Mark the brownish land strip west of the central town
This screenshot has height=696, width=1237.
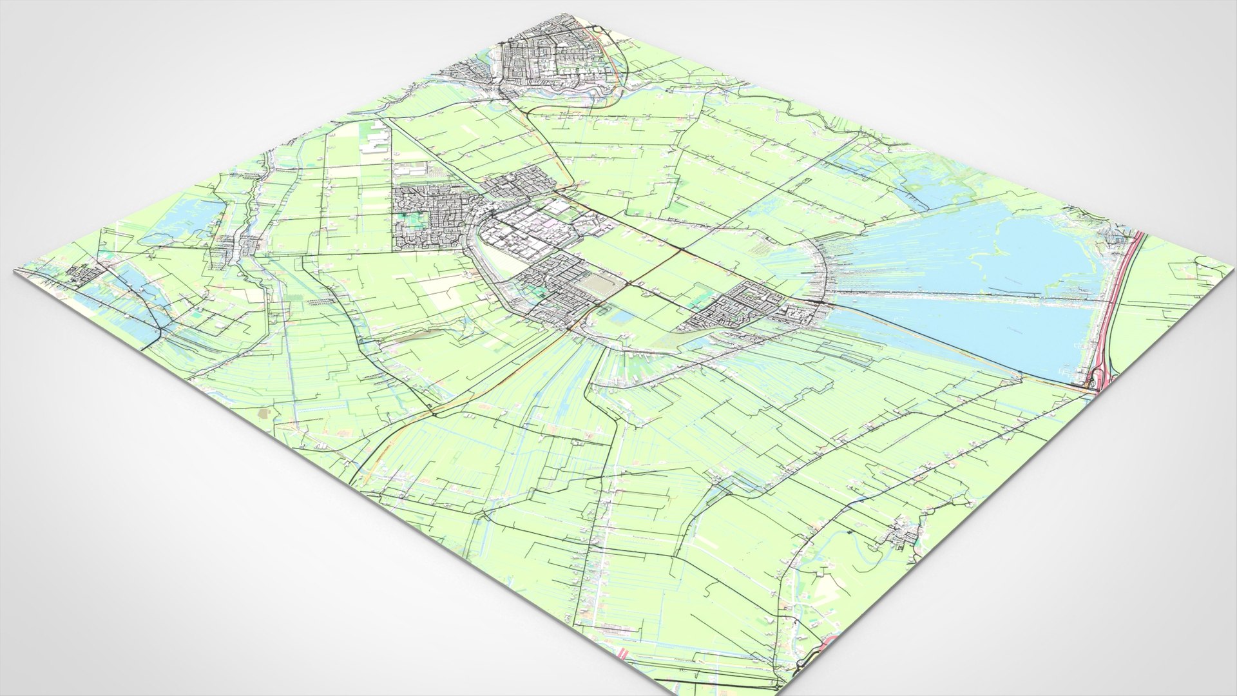pos(412,335)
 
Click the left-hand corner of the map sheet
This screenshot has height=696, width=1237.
pos(14,271)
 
